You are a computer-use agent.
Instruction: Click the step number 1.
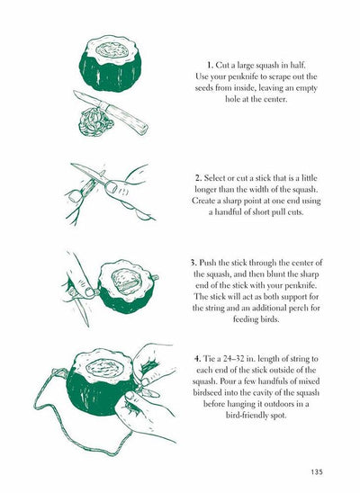pos(209,67)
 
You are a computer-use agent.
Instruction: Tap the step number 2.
pos(197,178)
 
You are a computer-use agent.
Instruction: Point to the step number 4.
pos(196,359)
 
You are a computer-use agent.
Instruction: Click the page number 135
pos(315,468)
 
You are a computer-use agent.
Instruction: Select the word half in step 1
pos(305,67)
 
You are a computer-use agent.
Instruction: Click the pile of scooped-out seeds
pos(90,118)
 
